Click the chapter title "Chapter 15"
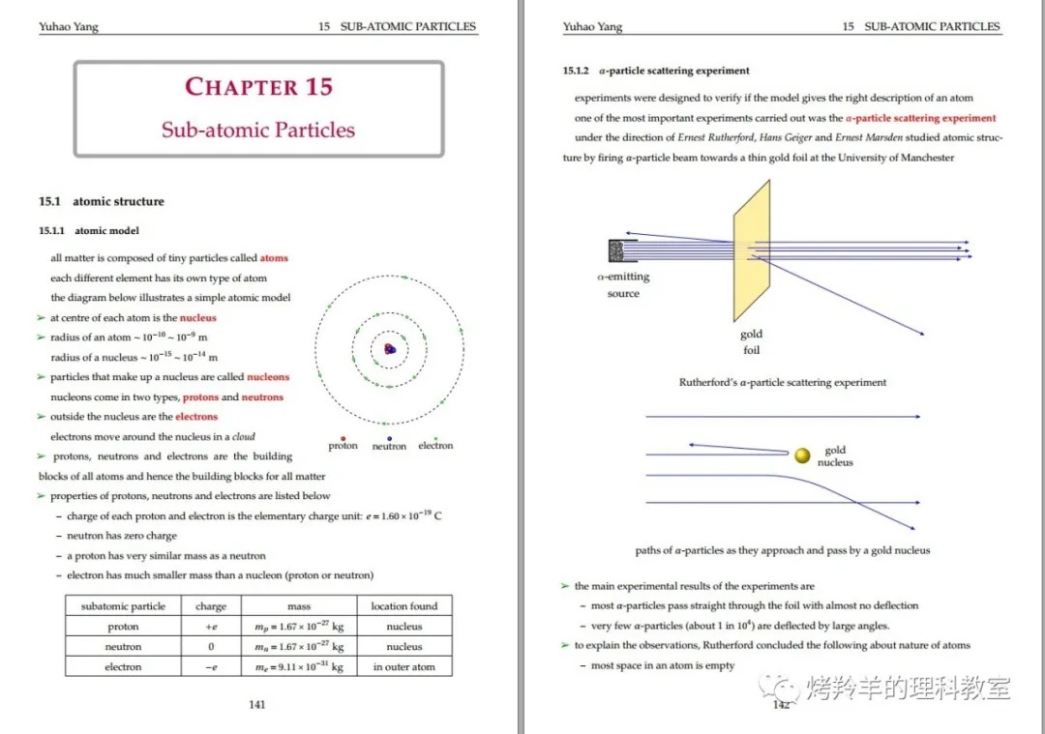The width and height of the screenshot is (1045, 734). [258, 87]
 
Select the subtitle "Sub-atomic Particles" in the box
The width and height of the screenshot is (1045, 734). [258, 130]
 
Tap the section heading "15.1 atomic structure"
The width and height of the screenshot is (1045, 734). [102, 201]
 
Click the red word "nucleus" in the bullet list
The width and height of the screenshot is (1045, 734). [197, 317]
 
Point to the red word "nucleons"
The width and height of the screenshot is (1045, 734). [268, 377]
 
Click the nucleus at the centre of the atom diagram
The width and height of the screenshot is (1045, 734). [389, 349]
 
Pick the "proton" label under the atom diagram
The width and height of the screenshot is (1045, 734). [343, 446]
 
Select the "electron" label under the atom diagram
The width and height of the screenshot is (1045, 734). [435, 446]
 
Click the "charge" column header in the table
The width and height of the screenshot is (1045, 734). [211, 606]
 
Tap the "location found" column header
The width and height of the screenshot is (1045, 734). [404, 606]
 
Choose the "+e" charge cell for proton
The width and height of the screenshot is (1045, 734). [211, 627]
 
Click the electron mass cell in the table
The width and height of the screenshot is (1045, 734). [299, 666]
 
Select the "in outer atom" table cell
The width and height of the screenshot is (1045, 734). [404, 666]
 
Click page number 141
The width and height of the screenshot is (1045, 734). [257, 704]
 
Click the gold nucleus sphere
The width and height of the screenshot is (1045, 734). [802, 455]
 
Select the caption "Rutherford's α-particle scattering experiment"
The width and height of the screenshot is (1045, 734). [783, 382]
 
